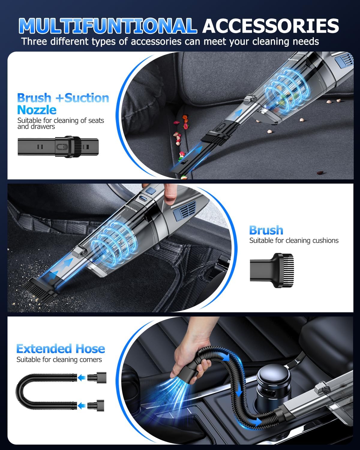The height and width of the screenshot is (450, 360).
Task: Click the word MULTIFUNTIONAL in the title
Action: (x=107, y=26)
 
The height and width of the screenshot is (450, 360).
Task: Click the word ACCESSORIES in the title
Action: (x=271, y=26)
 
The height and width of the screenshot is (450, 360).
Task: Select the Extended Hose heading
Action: (x=61, y=349)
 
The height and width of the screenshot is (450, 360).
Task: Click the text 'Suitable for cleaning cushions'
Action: (x=294, y=241)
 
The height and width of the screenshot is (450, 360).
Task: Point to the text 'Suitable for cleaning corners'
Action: (x=59, y=360)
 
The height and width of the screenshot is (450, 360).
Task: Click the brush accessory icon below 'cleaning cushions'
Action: (x=271, y=271)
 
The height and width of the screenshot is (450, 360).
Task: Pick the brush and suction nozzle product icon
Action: (x=58, y=147)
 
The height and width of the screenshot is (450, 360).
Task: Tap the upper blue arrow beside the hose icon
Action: (x=81, y=378)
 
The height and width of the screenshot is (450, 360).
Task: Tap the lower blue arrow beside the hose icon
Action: (x=81, y=406)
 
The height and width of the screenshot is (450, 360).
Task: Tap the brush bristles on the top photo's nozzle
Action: (x=215, y=138)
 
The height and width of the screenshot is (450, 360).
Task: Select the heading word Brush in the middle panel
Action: (x=266, y=230)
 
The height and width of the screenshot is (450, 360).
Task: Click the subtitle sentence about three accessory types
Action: (x=170, y=41)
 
